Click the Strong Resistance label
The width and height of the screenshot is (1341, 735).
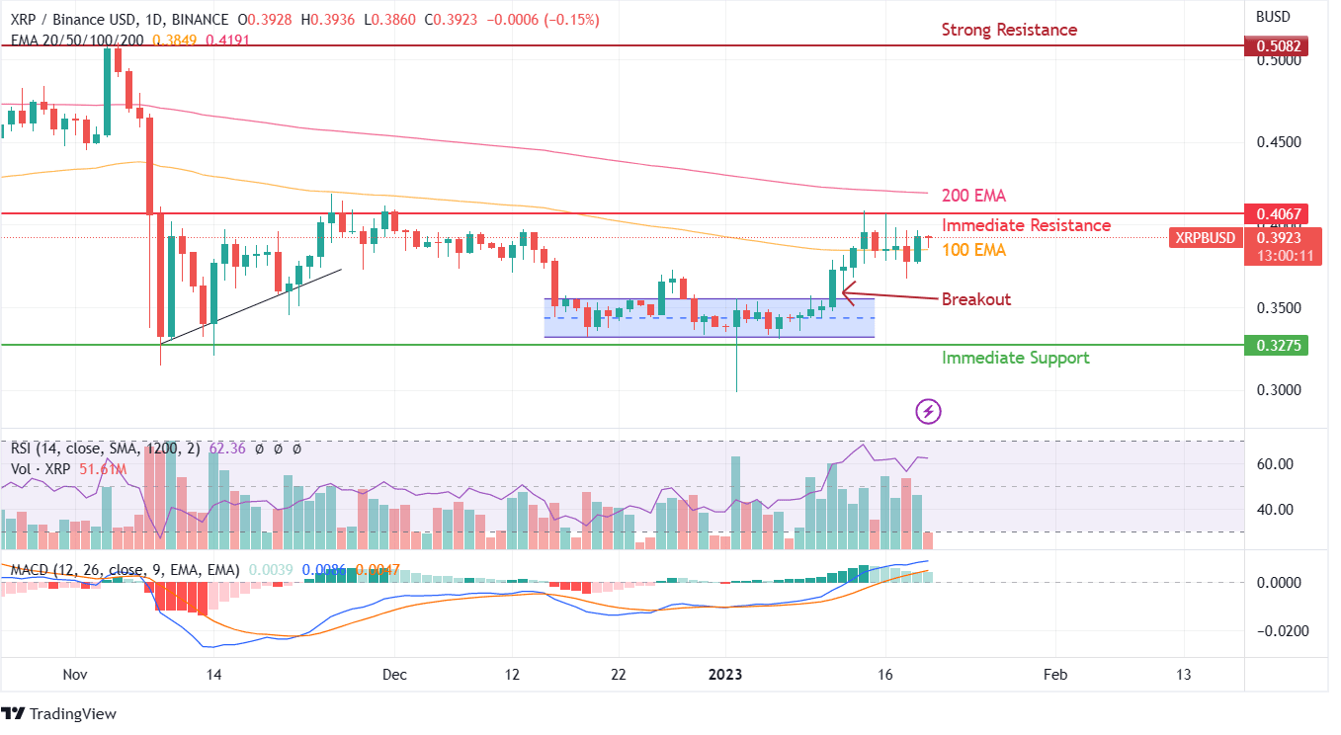1008,30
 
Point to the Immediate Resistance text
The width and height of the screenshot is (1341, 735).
1026,225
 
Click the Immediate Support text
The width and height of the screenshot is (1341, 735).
1015,358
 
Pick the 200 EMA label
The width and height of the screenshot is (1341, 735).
973,196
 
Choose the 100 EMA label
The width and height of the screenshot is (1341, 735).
973,251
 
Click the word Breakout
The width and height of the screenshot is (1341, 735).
975,299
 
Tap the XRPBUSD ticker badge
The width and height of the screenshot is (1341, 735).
1203,237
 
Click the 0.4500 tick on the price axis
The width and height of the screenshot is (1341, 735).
1277,142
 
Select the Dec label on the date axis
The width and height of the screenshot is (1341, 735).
394,675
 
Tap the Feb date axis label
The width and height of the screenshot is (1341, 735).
1055,675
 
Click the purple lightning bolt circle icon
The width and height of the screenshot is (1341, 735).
927,410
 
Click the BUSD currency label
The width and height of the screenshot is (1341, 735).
1275,17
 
